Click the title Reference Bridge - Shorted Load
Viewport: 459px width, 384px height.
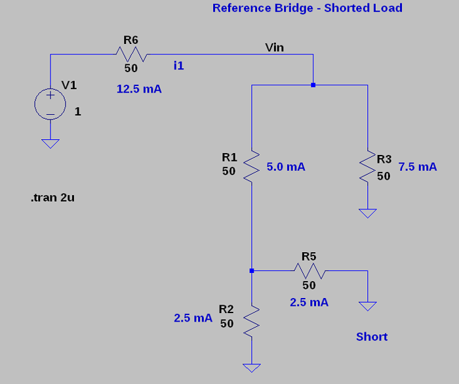[x=307, y=8]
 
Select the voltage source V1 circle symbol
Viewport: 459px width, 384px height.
[x=50, y=104]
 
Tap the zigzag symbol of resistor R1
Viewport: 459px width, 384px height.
[x=252, y=167]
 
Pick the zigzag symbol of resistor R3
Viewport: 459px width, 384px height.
[x=368, y=167]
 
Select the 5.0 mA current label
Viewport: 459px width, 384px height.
[x=286, y=167]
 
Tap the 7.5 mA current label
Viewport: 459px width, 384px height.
[x=417, y=167]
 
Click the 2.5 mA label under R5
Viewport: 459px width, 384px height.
[x=309, y=303]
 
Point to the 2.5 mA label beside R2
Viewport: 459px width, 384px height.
[x=193, y=318]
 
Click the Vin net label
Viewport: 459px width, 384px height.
[x=275, y=47]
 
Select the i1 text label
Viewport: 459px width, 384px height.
[x=179, y=65]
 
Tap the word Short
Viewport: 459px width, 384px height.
[x=372, y=337]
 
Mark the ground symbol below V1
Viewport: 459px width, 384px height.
[x=50, y=143]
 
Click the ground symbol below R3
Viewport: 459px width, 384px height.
[x=368, y=213]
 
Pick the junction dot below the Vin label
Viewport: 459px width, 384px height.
[x=313, y=85]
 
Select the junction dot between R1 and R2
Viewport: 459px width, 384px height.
[x=252, y=270]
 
